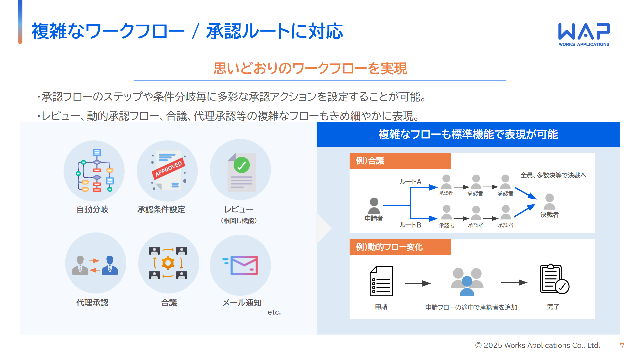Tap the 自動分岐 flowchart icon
(94, 171)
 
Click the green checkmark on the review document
(242, 165)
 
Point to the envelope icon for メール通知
(244, 265)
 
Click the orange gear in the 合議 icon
(168, 263)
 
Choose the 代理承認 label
(92, 303)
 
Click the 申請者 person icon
(374, 206)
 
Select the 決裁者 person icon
(549, 201)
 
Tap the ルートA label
(410, 182)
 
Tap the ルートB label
(410, 225)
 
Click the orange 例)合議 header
(400, 161)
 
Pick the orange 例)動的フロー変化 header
(400, 247)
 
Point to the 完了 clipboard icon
(554, 279)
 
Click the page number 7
(622, 346)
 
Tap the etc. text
(274, 312)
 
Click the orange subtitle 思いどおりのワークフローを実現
(310, 69)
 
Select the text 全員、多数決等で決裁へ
(553, 175)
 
